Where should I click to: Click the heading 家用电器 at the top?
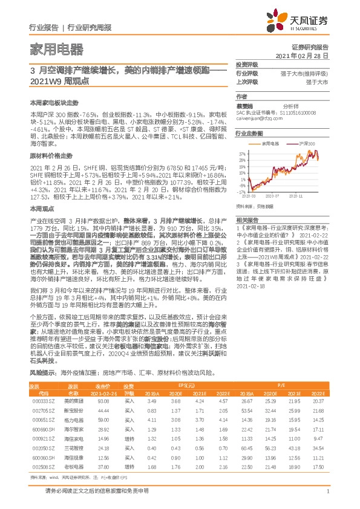pyautogui.click(x=56, y=49)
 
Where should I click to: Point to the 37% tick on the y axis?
pyautogui.click(x=242, y=154)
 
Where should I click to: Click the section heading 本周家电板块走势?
pyautogui.click(x=54, y=103)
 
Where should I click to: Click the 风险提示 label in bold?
pyautogui.click(x=43, y=357)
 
